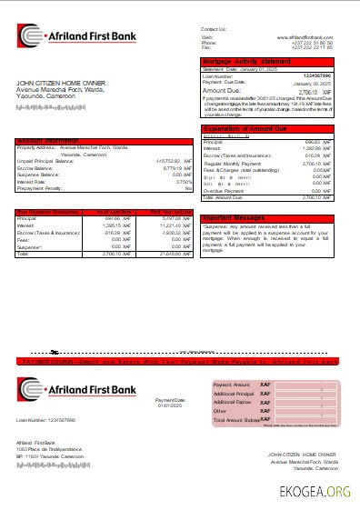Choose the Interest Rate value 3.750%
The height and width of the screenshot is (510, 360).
[183, 182]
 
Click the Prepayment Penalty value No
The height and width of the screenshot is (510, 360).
[189, 188]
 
